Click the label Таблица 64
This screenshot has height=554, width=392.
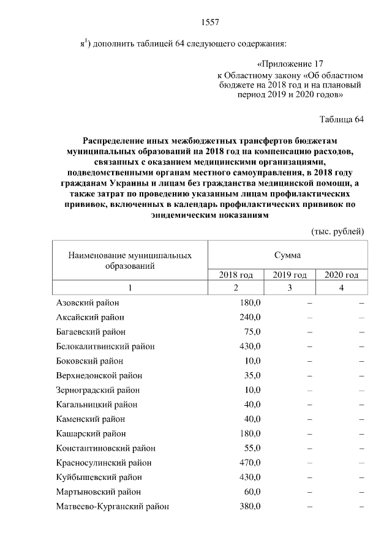(x=342, y=119)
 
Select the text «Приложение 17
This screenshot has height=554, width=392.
(x=288, y=64)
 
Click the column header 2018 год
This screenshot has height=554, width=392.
(x=235, y=275)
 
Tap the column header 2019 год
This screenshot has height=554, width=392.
(x=289, y=275)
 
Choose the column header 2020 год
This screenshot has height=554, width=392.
(x=341, y=275)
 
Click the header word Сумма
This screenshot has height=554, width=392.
(x=287, y=254)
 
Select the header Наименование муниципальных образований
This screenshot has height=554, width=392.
(x=129, y=260)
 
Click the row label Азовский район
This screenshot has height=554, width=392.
(x=88, y=302)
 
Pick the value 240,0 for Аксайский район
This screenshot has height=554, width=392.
(x=250, y=317)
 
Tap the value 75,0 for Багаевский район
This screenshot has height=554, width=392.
(x=252, y=332)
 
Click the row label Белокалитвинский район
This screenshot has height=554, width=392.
(x=105, y=346)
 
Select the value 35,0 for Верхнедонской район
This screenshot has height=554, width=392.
(x=252, y=375)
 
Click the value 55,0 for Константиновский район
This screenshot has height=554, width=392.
(x=252, y=448)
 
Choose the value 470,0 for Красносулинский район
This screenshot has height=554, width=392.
(x=250, y=463)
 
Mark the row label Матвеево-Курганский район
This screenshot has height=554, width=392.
(x=113, y=506)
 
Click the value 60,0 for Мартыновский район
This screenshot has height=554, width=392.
(x=252, y=492)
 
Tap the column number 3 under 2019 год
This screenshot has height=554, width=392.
(x=289, y=287)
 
